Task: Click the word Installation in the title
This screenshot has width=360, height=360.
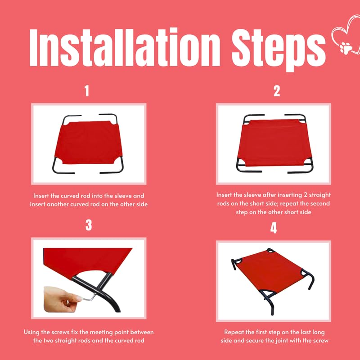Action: coord(125,47)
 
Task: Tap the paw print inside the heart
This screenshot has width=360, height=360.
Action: coord(346,48)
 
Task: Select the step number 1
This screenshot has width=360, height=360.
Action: coord(86,91)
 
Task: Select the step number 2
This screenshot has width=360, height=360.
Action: coord(277,91)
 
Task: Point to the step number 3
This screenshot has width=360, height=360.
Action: coord(89,225)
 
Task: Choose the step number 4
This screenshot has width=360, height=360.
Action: coord(274,228)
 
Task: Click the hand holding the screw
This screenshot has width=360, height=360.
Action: coord(60,299)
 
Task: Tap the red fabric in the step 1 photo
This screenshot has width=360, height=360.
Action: coord(89,142)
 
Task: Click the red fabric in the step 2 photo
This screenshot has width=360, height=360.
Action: coord(274,142)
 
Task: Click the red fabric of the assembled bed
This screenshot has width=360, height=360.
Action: coord(270,271)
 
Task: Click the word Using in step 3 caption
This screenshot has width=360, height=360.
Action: coord(31,332)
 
